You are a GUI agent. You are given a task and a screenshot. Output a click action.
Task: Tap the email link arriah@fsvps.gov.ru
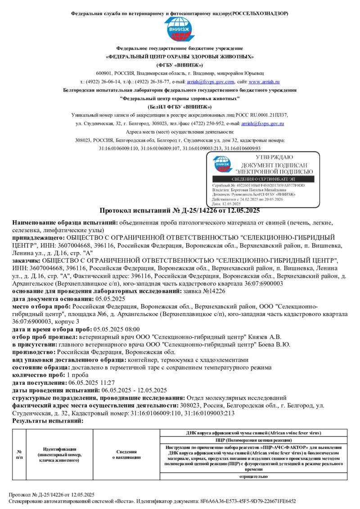(x=263, y=123)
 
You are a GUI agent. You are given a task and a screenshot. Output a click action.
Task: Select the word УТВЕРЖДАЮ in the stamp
(x=274, y=157)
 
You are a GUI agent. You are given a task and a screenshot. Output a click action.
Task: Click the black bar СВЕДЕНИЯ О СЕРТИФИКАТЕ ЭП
(x=263, y=179)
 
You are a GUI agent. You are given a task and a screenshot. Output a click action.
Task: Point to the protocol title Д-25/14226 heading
(x=180, y=210)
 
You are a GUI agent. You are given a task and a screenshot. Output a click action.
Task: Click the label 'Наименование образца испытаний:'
(x=65, y=223)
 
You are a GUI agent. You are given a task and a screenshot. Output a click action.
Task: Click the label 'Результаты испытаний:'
(x=48, y=421)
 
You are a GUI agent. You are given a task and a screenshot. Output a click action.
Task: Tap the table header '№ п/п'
(x=19, y=454)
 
